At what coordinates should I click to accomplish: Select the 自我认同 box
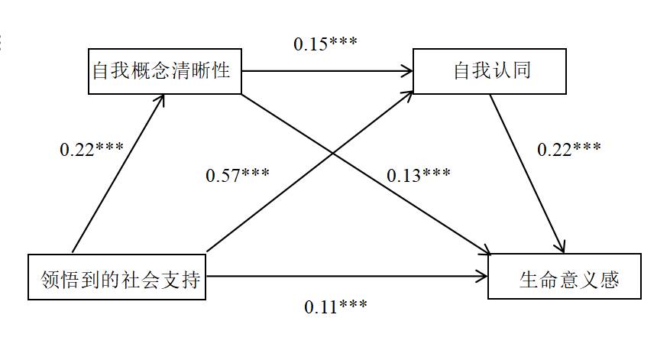point(490,72)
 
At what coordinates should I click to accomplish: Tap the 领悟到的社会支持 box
point(117,277)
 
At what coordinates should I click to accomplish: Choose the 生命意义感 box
point(565,277)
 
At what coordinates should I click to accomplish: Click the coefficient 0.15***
point(325,44)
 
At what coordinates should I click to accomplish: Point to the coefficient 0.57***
point(238,175)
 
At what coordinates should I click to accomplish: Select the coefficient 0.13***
point(418,175)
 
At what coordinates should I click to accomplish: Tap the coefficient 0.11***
point(335,306)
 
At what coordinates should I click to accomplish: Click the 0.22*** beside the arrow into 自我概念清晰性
point(92,150)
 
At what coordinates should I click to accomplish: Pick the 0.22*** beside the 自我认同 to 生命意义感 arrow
point(569,149)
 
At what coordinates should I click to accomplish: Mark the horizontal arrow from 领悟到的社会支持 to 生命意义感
point(348,276)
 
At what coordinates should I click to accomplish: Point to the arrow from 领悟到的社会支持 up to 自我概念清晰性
point(118,174)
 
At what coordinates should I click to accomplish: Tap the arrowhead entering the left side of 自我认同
point(406,72)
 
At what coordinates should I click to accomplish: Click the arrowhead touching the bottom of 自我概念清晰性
point(161,100)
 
